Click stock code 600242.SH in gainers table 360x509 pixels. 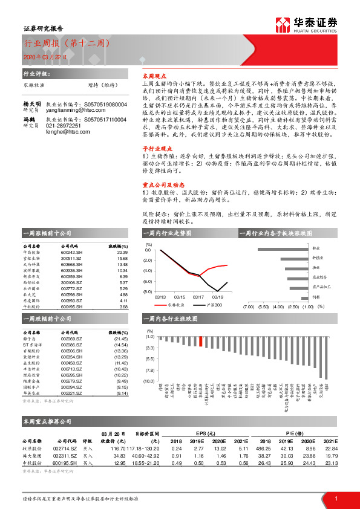click(x=72, y=253)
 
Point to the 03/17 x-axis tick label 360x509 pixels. click(x=198, y=297)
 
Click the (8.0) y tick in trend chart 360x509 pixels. click(x=148, y=291)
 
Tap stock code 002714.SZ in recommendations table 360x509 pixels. click(x=65, y=449)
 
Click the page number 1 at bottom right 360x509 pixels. click(x=335, y=498)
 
